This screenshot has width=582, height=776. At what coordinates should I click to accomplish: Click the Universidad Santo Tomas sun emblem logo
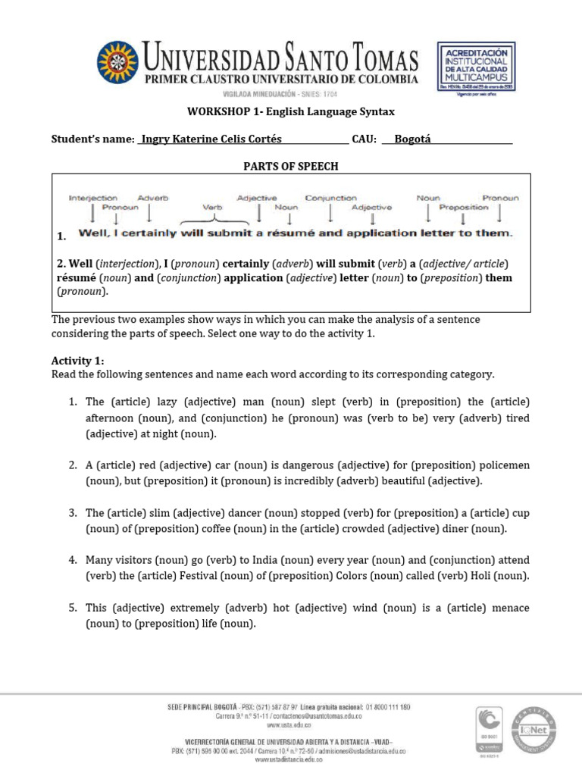coord(117,65)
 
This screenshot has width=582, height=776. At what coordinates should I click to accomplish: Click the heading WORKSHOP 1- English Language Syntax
coord(291,112)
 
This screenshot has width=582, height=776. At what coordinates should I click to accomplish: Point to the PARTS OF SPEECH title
coord(290,166)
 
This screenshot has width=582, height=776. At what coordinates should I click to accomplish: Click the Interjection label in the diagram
coord(92,198)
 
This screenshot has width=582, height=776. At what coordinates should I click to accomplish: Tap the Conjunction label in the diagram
coord(331,198)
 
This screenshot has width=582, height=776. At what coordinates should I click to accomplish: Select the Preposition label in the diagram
coord(465,207)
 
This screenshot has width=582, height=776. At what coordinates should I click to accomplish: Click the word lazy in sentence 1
coord(149,401)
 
